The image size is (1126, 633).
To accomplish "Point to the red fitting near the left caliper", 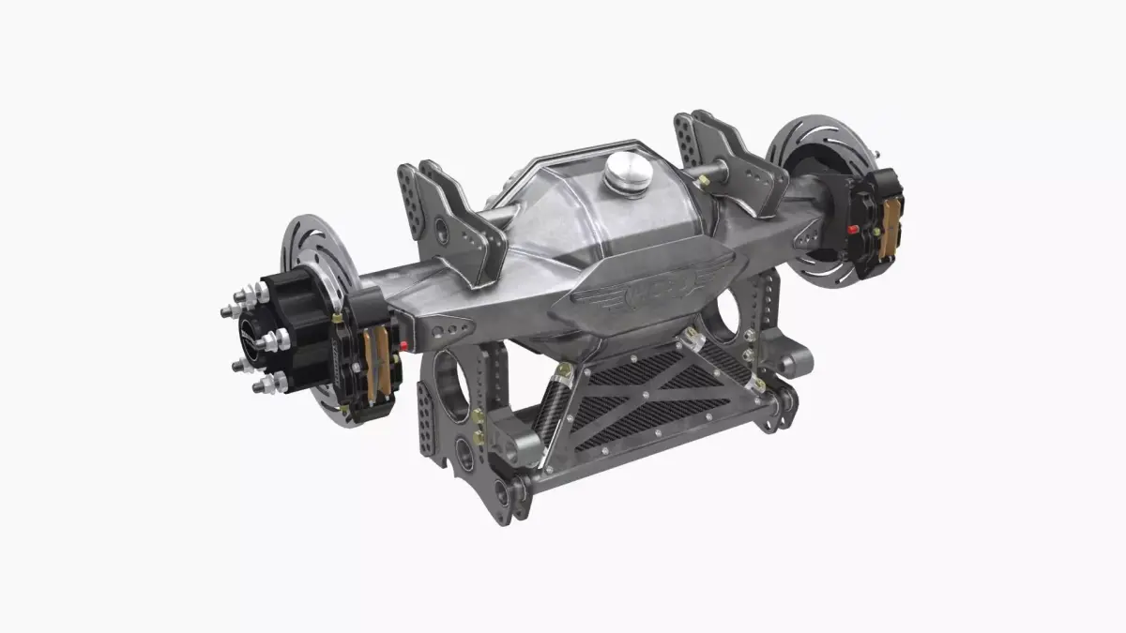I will click(x=403, y=346).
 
